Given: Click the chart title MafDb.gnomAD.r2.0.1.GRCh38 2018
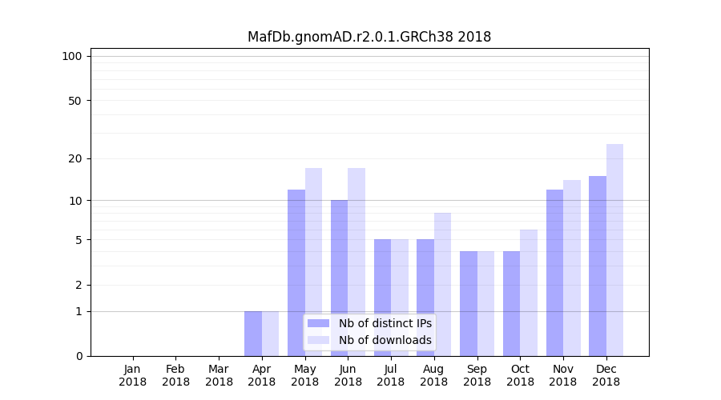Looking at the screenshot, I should click(369, 37).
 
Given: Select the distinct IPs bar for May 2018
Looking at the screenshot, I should click(296, 272).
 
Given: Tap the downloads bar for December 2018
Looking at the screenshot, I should click(614, 250).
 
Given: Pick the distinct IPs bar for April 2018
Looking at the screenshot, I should click(253, 333).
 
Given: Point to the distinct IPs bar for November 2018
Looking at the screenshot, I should click(554, 272).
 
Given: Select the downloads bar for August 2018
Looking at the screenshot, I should click(442, 284).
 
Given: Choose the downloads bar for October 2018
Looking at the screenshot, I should click(529, 292).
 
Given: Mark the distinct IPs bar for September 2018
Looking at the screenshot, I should click(468, 303).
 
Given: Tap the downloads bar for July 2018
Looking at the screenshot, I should click(399, 297).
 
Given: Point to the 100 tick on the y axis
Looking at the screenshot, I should click(72, 56).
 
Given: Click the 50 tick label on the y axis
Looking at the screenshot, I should click(75, 101).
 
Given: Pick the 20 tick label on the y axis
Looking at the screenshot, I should click(75, 158).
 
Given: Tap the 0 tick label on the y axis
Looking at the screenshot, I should click(79, 356).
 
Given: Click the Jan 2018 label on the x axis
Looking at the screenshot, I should click(133, 375).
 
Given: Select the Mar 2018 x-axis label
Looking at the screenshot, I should click(219, 375).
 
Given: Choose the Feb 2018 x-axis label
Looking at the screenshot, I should click(175, 375).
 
